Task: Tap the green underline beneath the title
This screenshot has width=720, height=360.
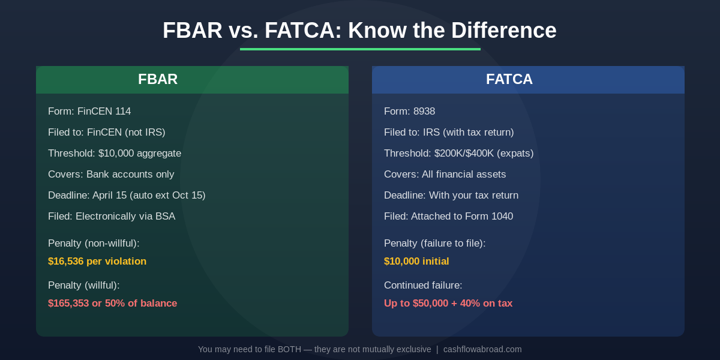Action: tap(360, 49)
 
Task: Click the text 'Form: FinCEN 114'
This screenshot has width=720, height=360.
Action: tap(89, 112)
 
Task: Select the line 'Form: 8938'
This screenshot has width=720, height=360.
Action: tap(409, 112)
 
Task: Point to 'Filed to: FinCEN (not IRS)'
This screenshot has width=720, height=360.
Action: tap(107, 133)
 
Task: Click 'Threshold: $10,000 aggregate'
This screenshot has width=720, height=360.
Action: tap(115, 154)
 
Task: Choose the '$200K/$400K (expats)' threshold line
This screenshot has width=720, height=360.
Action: tap(458, 154)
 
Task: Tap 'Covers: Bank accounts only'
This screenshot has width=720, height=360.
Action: tap(111, 175)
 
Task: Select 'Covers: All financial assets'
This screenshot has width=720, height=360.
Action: tap(445, 175)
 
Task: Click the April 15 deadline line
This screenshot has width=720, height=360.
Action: tap(127, 196)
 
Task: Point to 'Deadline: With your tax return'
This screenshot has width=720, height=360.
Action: tap(451, 196)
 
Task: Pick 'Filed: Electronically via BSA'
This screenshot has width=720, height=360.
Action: tap(112, 217)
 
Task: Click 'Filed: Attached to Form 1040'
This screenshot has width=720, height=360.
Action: tap(448, 217)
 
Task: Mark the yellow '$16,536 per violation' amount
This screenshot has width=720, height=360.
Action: tap(97, 262)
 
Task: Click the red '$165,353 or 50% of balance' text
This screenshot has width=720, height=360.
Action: tap(113, 304)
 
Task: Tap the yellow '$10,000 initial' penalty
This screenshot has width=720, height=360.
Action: tap(416, 262)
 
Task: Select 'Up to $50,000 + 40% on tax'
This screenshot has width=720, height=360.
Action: tap(448, 304)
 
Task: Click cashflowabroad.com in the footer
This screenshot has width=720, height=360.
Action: tap(482, 349)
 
